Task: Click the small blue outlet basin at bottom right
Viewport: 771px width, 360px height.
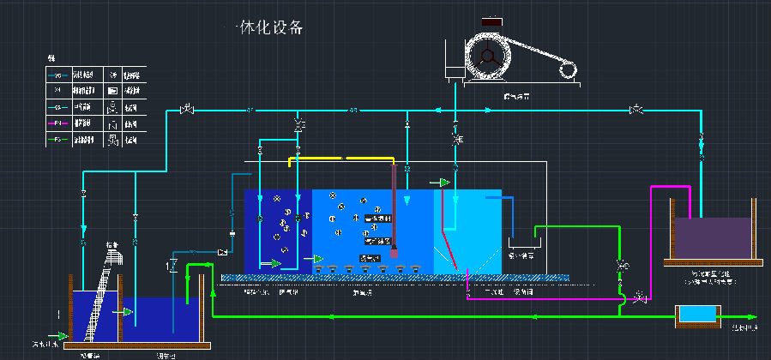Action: [693, 315]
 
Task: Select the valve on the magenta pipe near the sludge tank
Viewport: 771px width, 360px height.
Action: [640, 297]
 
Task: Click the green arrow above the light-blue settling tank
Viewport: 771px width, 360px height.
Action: [443, 182]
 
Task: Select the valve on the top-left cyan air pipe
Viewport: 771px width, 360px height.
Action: [186, 110]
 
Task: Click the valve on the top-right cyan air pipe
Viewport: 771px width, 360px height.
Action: [635, 110]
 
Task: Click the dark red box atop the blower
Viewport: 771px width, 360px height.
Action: [492, 21]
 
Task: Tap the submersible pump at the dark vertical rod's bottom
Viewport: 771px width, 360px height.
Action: [394, 253]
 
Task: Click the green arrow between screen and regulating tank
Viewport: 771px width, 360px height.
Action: [128, 310]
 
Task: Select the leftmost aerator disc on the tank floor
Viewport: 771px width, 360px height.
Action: [318, 270]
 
